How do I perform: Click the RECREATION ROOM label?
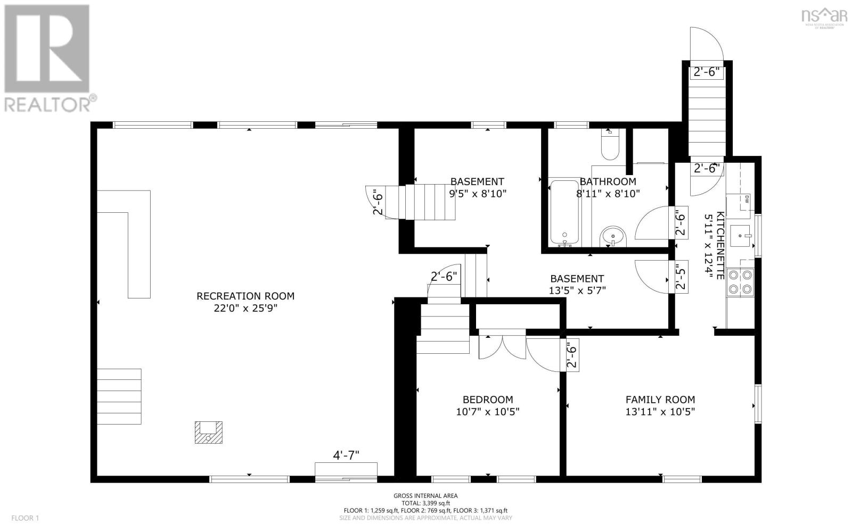(x=245, y=296)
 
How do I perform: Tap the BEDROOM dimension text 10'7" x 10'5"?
(x=487, y=411)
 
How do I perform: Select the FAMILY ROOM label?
(x=660, y=399)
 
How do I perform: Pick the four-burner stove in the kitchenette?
(x=741, y=282)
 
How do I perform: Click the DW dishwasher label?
(x=747, y=199)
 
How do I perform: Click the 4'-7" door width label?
(x=346, y=455)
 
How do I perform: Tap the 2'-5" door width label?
(x=681, y=277)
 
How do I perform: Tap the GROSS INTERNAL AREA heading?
(x=425, y=495)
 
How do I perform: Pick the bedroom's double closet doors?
(x=502, y=346)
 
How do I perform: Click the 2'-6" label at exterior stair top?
(x=707, y=72)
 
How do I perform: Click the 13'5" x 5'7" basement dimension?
(x=577, y=290)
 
